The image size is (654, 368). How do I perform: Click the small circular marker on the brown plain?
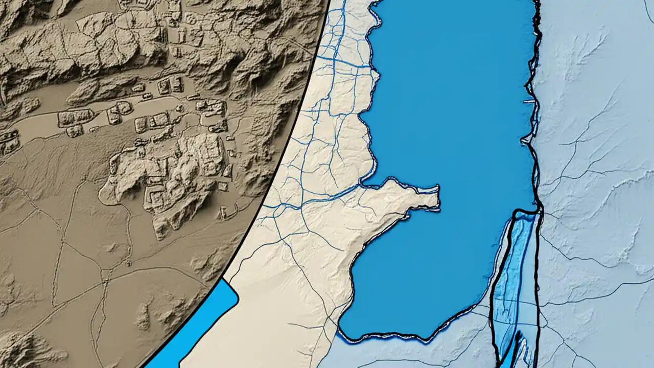pyautogui.click(x=128, y=263)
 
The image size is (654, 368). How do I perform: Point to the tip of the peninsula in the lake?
pyautogui.click(x=437, y=197)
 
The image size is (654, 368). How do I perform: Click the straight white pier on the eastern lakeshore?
pyautogui.click(x=528, y=102)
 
